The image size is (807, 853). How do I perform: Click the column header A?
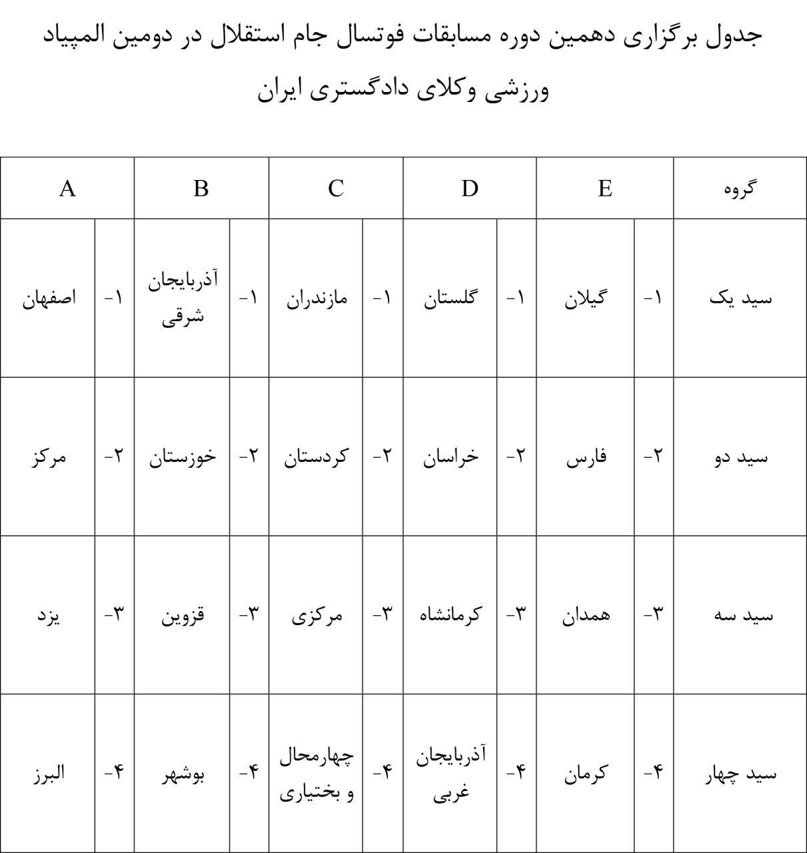67,189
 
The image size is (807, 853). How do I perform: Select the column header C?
336,189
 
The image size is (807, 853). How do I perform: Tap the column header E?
604,189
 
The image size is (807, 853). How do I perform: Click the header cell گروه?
740,189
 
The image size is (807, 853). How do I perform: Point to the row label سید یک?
740,298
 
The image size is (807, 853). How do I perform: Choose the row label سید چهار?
740,774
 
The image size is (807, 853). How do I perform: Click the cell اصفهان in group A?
49,298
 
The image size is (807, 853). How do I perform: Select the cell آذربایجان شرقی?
182,297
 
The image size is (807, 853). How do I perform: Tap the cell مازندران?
317,298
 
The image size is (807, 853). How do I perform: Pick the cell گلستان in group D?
450,298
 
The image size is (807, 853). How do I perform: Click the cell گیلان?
585,298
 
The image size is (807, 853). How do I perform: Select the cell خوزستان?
182,456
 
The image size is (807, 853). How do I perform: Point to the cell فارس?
585,457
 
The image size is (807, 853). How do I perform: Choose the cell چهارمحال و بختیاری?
317,774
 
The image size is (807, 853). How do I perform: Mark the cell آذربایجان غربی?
450,774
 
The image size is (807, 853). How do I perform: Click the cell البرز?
49,774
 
